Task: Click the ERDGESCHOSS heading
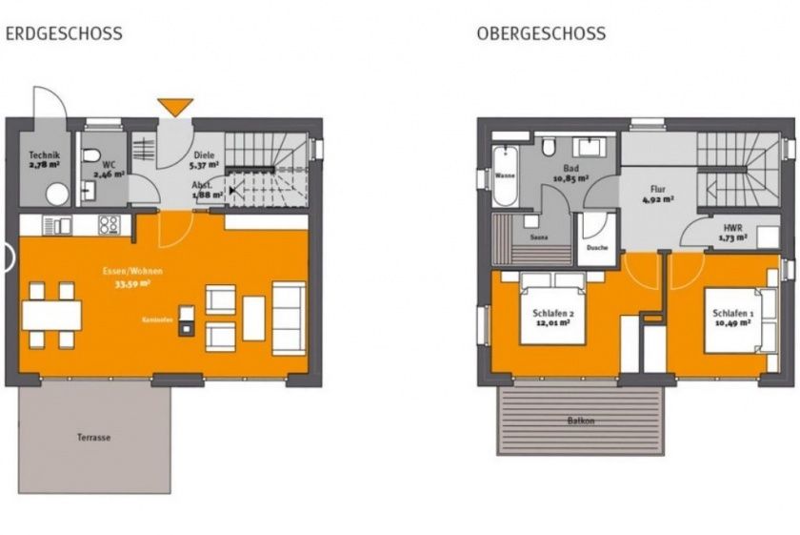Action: click(64, 33)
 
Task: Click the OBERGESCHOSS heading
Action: click(541, 33)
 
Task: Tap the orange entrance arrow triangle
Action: click(176, 107)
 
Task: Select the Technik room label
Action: click(43, 158)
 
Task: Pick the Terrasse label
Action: click(94, 438)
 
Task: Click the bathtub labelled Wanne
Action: click(506, 175)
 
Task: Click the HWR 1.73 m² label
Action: click(733, 232)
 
